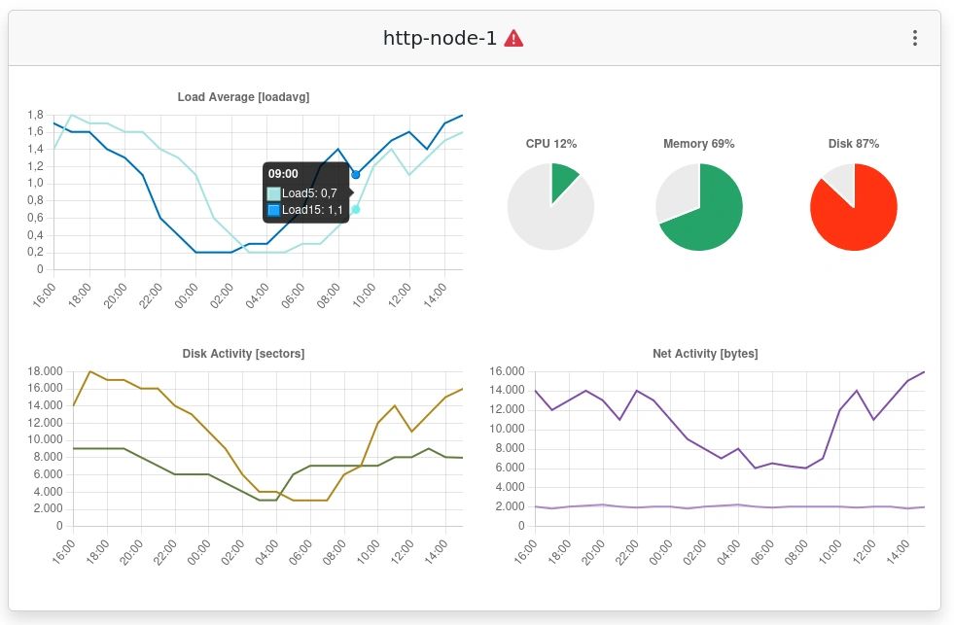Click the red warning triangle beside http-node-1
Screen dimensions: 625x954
tap(514, 38)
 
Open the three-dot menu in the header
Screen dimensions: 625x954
tap(914, 38)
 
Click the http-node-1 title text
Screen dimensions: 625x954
tap(440, 38)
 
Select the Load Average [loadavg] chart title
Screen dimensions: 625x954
tap(243, 97)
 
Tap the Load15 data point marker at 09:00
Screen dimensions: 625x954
tap(356, 175)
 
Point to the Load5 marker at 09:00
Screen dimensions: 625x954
tap(356, 209)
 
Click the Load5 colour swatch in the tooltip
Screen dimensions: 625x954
tap(274, 193)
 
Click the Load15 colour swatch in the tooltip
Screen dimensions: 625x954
tap(274, 210)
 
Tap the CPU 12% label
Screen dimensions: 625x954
tap(551, 144)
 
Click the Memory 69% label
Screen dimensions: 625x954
tap(698, 144)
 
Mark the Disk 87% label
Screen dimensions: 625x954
tap(854, 144)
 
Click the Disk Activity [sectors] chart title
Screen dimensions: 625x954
tap(243, 354)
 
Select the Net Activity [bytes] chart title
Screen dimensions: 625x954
tap(705, 354)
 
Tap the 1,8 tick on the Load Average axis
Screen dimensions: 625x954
tap(36, 114)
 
